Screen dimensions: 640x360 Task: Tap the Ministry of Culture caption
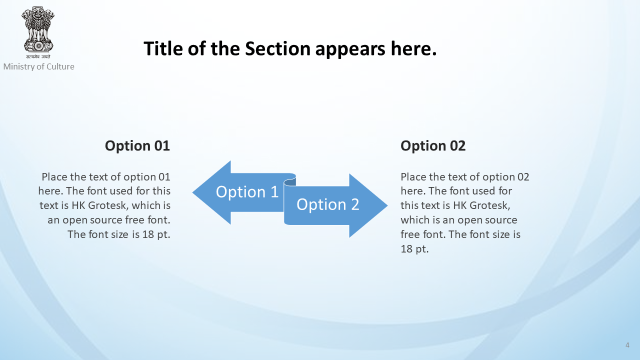[39, 66]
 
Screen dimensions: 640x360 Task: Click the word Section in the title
[277, 48]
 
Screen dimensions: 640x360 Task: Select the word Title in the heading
[163, 48]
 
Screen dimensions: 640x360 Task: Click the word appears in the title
[350, 49]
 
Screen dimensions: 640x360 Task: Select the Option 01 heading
[137, 145]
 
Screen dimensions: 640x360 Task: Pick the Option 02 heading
[433, 145]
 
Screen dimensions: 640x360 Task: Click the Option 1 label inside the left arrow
[247, 191]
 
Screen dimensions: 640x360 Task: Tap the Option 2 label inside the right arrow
[327, 204]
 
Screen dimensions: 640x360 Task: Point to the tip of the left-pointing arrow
[192, 192]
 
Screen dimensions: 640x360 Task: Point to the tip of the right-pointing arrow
[387, 205]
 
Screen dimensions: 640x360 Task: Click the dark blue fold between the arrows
[289, 182]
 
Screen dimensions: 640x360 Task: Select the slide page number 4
[627, 345]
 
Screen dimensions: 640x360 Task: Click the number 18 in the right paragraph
[406, 249]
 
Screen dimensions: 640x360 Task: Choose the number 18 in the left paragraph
[148, 234]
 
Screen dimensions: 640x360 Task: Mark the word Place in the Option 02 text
[413, 177]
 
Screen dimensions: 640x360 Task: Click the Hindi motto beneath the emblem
[38, 56]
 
